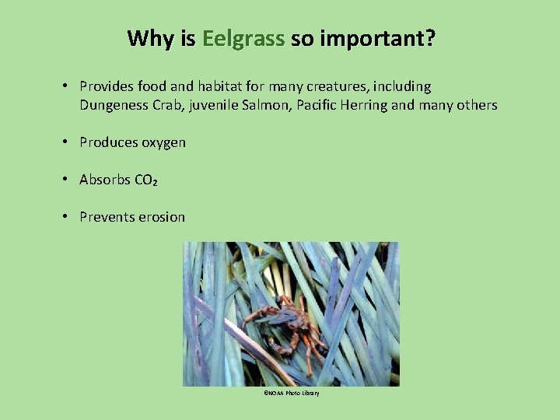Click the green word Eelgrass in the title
243,39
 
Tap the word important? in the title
362,39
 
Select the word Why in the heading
150,39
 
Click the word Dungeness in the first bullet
114,105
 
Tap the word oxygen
163,142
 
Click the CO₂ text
146,180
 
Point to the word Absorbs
105,180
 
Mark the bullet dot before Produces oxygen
68,142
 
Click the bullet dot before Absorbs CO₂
68,180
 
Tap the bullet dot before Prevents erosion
68,217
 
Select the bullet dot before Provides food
68,86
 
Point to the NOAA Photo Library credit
291,394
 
